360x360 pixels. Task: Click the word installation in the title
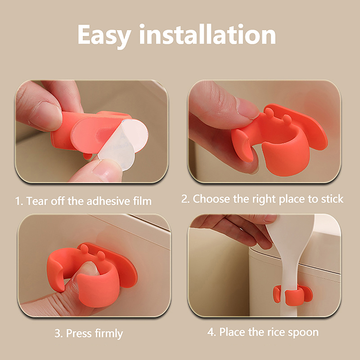(207, 34)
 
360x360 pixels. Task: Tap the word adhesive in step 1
(108, 201)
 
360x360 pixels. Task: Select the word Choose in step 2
(211, 199)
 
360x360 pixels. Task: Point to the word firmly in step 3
(109, 333)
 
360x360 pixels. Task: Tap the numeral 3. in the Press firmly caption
(59, 333)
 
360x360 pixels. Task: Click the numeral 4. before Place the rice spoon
(211, 332)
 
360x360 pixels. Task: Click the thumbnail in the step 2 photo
(247, 107)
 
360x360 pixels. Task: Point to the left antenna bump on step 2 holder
(269, 112)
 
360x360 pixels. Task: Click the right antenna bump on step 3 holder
(101, 254)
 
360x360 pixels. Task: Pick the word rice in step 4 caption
(276, 332)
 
